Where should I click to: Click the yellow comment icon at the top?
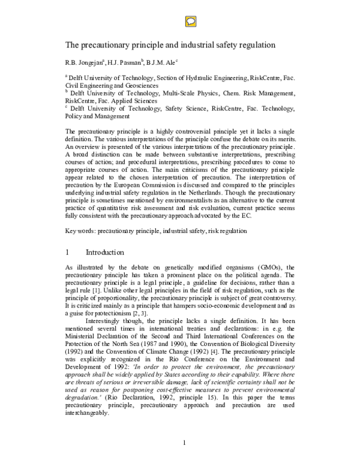pyautogui.click(x=187, y=20)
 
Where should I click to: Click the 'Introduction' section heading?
pyautogui.click(x=105, y=252)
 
